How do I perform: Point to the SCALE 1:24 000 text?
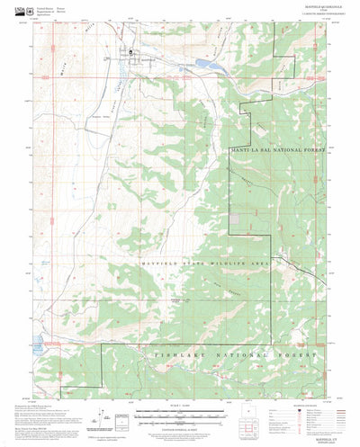[179, 389]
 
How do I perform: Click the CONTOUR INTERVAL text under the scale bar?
[179, 409]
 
